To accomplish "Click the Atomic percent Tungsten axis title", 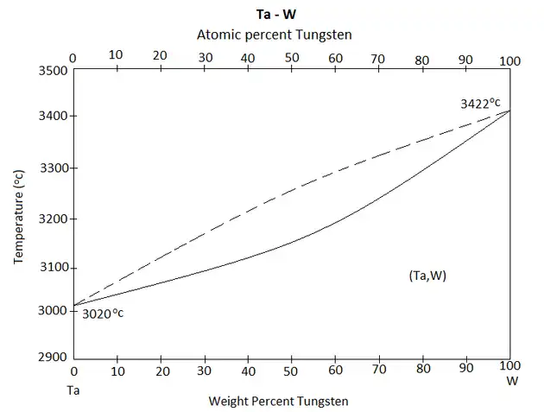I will tap(275, 34).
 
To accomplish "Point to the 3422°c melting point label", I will tap(480, 104).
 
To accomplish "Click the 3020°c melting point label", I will tap(103, 314).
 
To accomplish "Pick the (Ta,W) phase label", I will tap(427, 276).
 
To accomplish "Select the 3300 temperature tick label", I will tap(54, 168).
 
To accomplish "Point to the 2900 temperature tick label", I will tap(54, 357).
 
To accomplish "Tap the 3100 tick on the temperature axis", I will tap(54, 268).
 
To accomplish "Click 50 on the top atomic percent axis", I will tap(292, 60).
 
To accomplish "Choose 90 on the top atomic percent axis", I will tap(466, 60).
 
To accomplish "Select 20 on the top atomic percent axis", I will tap(160, 56).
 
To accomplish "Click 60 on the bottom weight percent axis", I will tap(336, 372).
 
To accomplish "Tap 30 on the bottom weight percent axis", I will tap(205, 372).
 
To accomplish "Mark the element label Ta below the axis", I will tap(73, 390).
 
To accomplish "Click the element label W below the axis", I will tap(511, 380).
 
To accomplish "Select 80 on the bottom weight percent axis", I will tap(423, 372).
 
